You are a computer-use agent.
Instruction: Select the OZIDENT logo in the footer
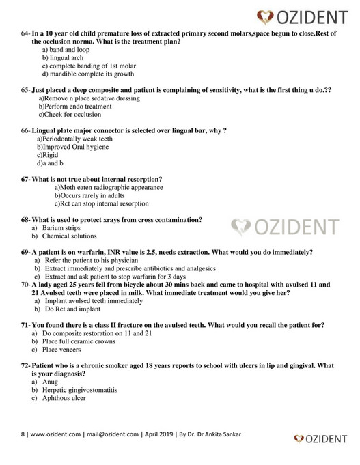click(x=322, y=438)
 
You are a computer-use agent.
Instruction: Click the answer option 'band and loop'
click(x=66, y=51)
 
